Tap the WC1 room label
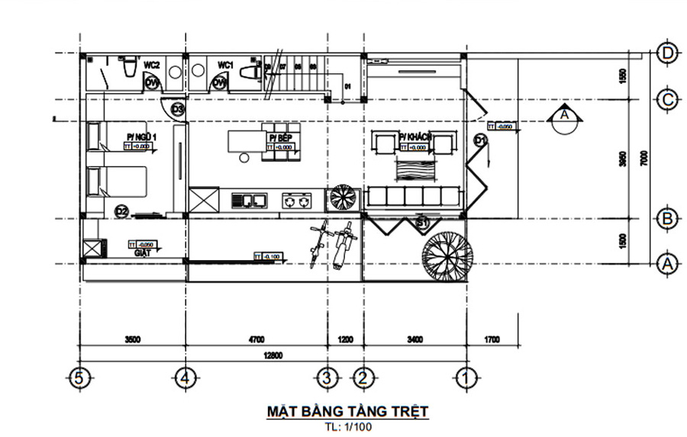tap(225, 65)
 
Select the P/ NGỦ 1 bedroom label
tap(141, 137)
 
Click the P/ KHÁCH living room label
tap(415, 137)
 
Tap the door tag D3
tap(178, 110)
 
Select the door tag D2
tap(121, 210)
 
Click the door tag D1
tap(480, 140)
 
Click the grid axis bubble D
tap(667, 53)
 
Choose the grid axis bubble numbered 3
tap(327, 377)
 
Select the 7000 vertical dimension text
tap(645, 158)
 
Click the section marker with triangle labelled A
tap(564, 116)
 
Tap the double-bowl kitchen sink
tap(250, 201)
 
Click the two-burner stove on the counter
tap(298, 201)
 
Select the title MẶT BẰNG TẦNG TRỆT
tap(347, 412)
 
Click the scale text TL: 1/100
tap(347, 427)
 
